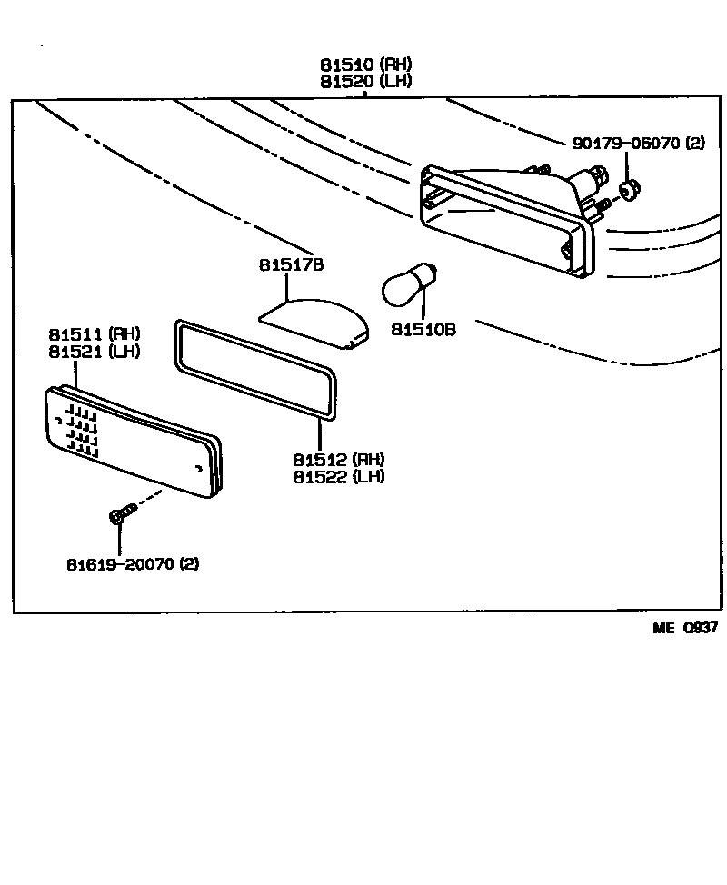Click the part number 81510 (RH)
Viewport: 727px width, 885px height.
[x=365, y=65]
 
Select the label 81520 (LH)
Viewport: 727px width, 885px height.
[x=365, y=81]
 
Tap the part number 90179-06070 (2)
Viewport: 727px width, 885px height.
[x=639, y=143]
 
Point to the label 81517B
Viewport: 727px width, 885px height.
[x=291, y=265]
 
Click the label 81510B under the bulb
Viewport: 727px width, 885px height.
[x=423, y=329]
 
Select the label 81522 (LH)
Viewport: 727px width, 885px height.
[x=338, y=477]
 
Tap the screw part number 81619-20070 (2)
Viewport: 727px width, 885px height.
[x=132, y=563]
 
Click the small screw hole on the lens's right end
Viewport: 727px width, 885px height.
[x=199, y=469]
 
